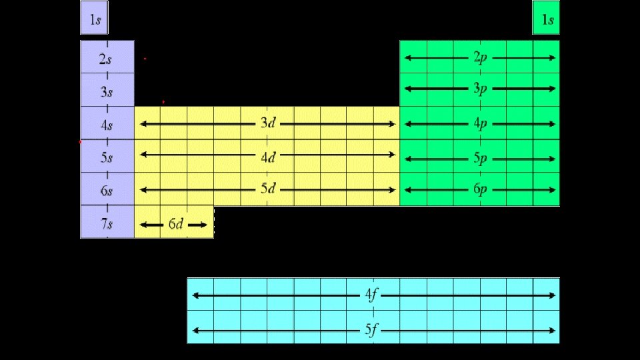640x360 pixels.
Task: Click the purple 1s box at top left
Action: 95,18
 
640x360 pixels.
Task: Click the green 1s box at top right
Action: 546,18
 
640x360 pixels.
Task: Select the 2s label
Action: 106,59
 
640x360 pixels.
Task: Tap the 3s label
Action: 107,92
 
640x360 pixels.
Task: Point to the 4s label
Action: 107,125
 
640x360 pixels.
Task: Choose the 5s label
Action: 107,158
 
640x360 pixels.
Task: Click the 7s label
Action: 107,224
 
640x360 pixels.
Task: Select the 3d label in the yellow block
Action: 268,123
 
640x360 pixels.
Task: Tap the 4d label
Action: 268,157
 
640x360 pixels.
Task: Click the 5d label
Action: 268,189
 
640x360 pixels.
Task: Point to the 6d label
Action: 175,224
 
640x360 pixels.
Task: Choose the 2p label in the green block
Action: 480,58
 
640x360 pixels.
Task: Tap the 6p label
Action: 480,189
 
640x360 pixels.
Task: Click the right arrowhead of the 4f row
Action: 552,295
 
